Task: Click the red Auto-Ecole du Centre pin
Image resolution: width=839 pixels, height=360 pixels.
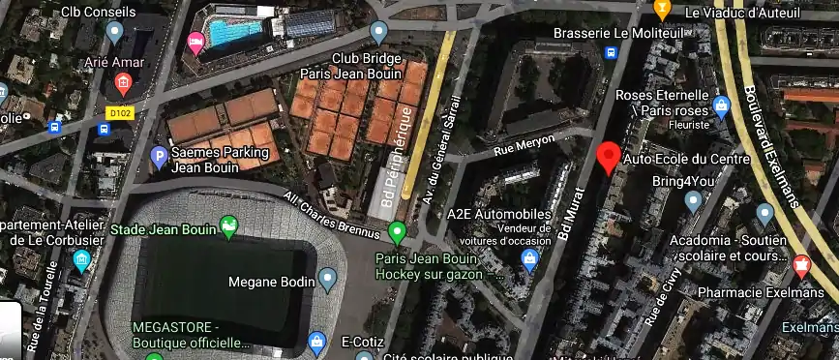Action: point(609,156)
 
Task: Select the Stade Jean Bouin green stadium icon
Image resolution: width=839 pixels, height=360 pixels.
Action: point(228,228)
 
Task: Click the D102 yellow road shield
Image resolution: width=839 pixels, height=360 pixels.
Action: point(119,113)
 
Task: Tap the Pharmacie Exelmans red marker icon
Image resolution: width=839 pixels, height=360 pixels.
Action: point(801,264)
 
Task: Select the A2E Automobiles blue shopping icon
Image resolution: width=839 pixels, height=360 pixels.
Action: point(529,258)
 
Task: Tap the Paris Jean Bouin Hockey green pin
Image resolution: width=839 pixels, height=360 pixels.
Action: point(396,232)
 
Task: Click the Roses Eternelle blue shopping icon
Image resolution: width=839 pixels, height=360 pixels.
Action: point(720,104)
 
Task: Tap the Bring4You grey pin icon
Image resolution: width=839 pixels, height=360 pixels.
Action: point(693,201)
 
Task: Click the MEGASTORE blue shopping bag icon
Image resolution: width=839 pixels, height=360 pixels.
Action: point(316,341)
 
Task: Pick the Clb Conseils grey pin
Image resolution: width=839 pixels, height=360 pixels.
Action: point(115,32)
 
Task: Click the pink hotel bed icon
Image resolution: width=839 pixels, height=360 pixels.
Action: point(195,41)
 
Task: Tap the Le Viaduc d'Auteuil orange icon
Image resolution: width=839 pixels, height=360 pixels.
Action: point(663,11)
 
